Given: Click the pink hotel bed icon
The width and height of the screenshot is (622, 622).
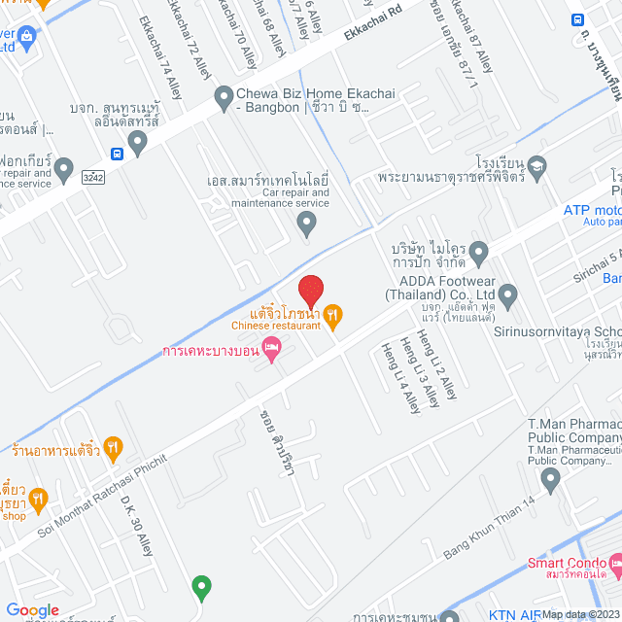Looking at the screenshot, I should (x=272, y=348).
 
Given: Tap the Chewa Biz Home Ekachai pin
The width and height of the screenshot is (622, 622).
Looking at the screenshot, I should (x=222, y=96).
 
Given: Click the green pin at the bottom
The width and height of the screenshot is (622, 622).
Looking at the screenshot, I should (x=201, y=587).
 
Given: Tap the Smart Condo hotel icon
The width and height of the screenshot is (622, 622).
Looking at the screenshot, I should (x=615, y=564).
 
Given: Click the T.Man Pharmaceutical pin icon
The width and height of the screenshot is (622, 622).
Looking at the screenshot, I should (x=551, y=478).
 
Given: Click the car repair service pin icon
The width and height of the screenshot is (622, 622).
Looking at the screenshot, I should (x=307, y=225).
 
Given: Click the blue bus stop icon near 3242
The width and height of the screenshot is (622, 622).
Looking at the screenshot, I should (x=117, y=154).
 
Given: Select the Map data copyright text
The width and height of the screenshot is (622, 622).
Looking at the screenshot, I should (x=580, y=614).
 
